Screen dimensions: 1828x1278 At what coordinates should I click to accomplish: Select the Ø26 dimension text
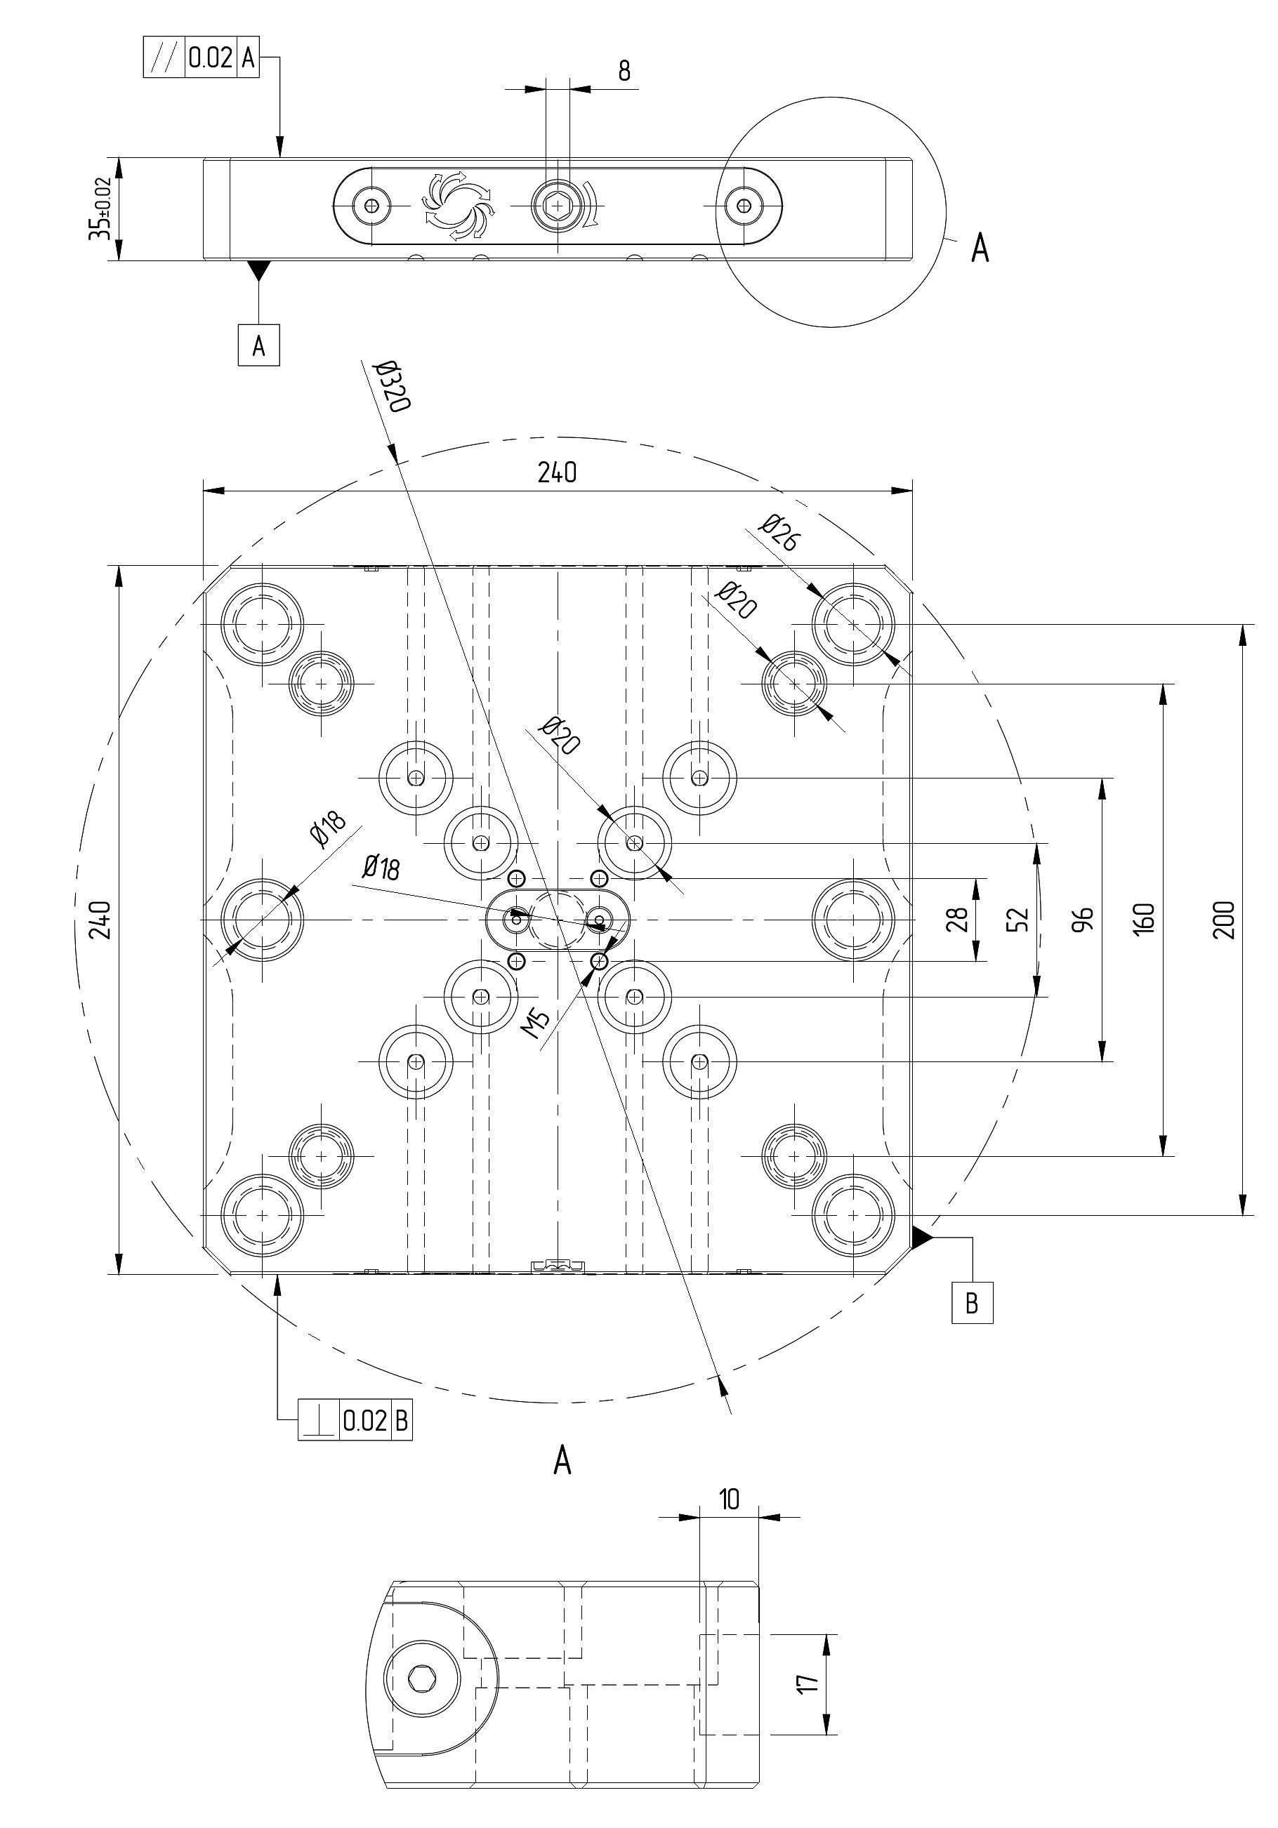coord(778,534)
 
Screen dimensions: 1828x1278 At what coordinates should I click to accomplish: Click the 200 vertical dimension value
coord(1224,920)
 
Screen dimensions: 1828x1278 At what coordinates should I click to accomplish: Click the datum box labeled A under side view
coord(259,345)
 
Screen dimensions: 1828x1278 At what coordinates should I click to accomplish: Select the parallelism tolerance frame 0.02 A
coord(202,58)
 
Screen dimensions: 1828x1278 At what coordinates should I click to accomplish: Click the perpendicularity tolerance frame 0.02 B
coord(355,1419)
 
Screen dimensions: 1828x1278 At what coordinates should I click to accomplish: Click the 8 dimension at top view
coord(624,72)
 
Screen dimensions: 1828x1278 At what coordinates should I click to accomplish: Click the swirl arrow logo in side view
coord(458,206)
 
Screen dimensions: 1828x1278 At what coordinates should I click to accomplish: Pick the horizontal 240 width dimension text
coord(557,473)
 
